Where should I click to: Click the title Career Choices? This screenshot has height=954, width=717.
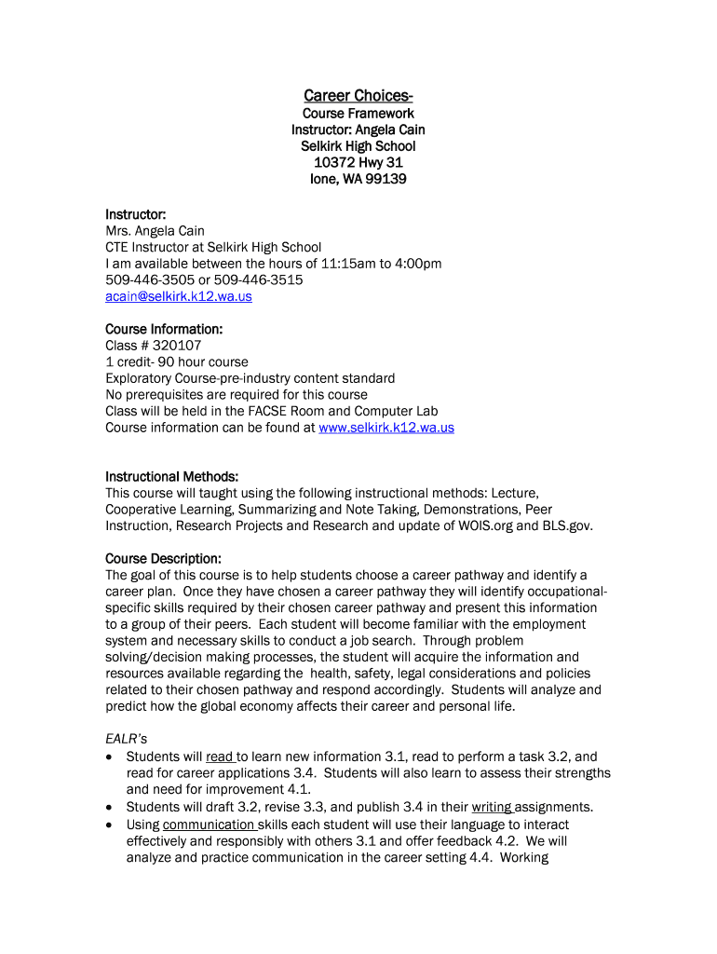coord(358,96)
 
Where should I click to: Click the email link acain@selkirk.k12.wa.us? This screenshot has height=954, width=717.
coord(178,296)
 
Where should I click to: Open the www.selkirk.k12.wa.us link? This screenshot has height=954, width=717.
coord(386,428)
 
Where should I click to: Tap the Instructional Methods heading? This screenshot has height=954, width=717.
coord(172,477)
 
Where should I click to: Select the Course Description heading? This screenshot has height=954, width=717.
coord(163,559)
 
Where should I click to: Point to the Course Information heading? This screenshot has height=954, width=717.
coord(164,329)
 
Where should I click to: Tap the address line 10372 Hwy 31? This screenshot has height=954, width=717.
coord(358,163)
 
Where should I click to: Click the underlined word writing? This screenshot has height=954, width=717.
coord(491,807)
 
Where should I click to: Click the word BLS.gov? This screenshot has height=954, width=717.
coord(566,526)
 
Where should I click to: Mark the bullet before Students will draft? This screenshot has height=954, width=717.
coord(112,808)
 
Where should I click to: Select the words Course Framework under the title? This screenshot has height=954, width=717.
coord(358,114)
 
